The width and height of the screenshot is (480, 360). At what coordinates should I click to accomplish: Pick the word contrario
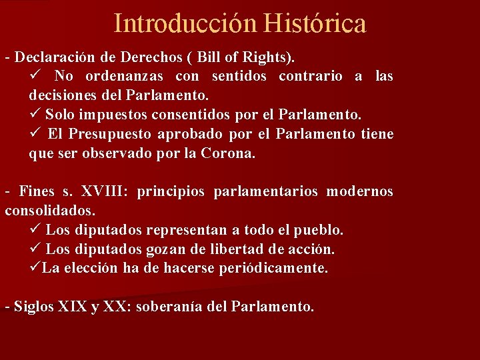point(311,76)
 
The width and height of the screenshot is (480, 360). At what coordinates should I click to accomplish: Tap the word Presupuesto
point(99,134)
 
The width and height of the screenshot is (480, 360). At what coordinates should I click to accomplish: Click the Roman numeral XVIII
point(104,192)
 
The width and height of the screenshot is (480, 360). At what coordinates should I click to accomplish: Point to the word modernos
point(360,192)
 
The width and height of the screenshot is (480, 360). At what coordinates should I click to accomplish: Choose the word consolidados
point(50,211)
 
